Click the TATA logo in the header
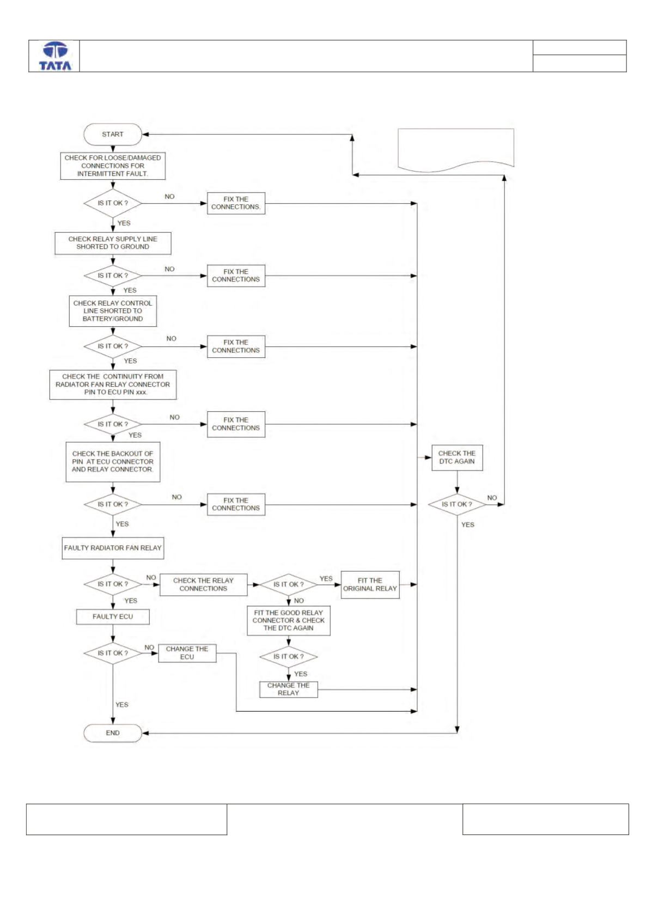pos(55,56)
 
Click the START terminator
pos(113,134)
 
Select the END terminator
pos(113,733)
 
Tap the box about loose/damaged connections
pos(113,166)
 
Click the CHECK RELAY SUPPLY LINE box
pos(113,243)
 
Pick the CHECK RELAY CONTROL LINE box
pos(113,311)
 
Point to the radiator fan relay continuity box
pos(113,384)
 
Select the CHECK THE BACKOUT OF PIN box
pos(113,462)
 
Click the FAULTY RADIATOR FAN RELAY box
pos(113,548)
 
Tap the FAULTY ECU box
pos(113,616)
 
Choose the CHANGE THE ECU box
pos(187,653)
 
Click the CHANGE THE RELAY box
pos(289,689)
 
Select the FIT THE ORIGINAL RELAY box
pos(370,585)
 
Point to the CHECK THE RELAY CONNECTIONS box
pos(203,585)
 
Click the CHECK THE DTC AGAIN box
pos(457,457)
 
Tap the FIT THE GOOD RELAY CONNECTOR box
pos(289,621)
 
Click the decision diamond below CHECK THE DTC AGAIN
pos(457,505)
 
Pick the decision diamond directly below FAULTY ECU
pos(113,653)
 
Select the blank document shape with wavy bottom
pos(456,150)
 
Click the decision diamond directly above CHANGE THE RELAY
pos(289,657)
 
